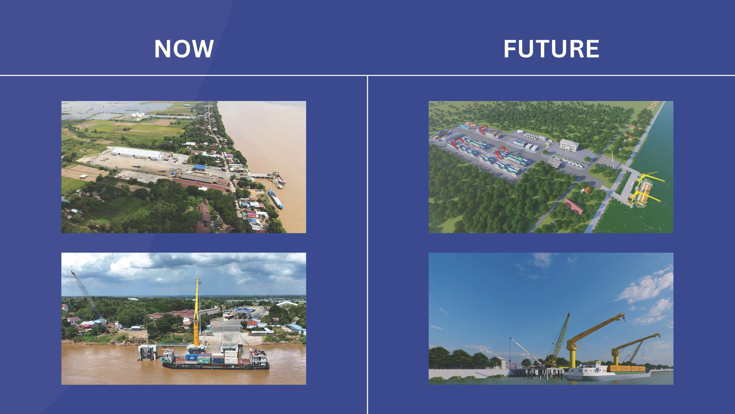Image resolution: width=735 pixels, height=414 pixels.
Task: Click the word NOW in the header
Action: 184,49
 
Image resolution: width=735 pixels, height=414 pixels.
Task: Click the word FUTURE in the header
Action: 551,49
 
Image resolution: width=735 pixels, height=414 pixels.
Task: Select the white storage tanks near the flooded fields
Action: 137,114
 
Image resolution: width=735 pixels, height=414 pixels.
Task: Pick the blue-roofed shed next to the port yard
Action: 199,168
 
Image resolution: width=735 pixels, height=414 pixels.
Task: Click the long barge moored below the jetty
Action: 276,199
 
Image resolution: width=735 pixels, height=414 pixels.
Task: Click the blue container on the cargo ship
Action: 191,357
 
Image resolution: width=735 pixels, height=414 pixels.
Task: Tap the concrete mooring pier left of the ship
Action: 148,352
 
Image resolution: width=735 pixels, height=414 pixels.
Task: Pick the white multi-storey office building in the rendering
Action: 569,145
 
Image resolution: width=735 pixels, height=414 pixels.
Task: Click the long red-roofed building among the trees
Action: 573,206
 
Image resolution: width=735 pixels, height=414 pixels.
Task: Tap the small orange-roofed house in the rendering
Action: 586,190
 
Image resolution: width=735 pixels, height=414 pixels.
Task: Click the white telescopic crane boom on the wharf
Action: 525,351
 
